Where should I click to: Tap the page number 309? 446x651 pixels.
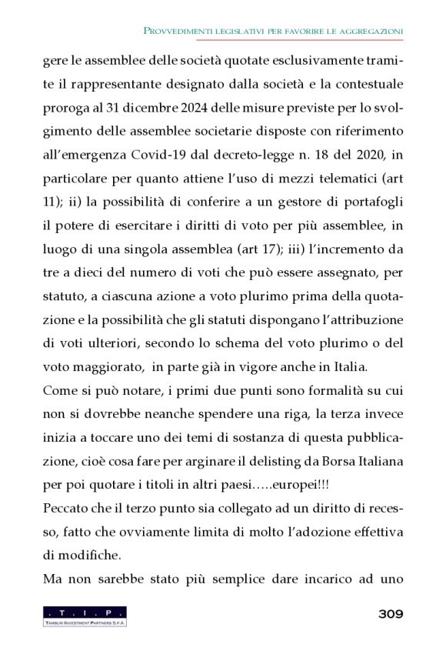391,614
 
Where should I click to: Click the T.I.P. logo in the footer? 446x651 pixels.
85,616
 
